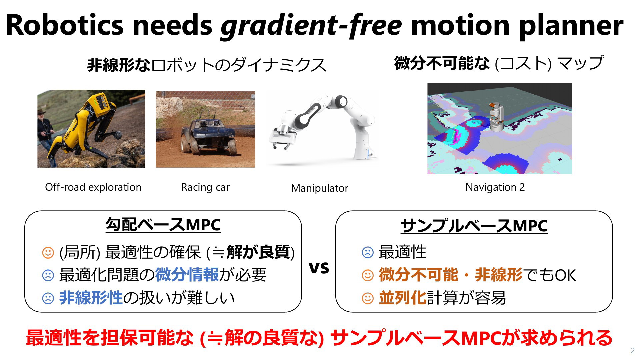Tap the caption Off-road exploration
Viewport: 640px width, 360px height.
(93, 187)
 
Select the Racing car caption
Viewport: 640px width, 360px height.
(205, 187)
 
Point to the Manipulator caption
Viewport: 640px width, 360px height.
(320, 188)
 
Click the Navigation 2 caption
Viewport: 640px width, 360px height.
(495, 187)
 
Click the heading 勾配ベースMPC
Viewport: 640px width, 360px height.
(163, 225)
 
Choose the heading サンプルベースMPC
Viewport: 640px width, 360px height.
(474, 226)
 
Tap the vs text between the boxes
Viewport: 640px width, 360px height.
(319, 267)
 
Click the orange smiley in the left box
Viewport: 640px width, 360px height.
(48, 252)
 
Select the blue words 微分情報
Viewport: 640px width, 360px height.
(187, 275)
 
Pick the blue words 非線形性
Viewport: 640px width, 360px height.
(91, 298)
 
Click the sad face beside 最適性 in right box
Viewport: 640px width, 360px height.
(368, 252)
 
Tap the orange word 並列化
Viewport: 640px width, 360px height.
(403, 298)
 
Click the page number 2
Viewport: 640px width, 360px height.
(633, 350)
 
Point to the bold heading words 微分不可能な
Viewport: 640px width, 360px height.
(442, 63)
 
